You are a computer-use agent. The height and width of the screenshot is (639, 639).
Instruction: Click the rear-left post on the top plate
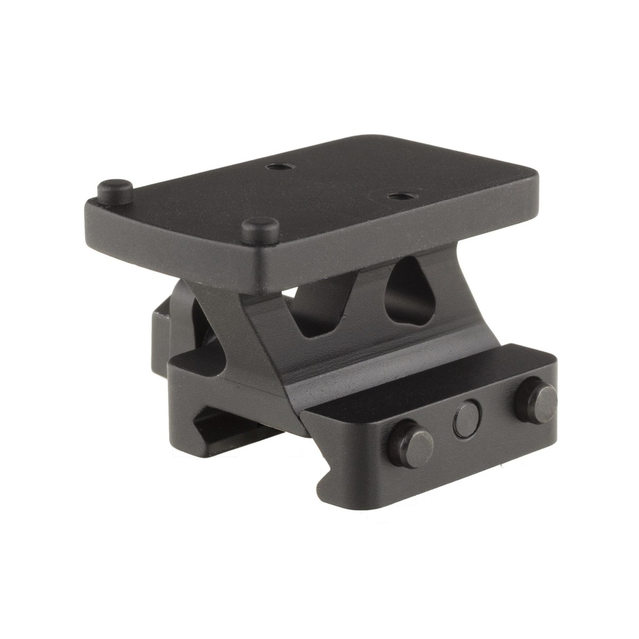(115, 190)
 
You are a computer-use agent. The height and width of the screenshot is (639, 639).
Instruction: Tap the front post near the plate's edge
(260, 229)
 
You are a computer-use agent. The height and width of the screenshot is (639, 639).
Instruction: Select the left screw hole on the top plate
(275, 167)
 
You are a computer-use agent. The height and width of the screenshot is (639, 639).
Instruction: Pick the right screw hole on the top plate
(398, 196)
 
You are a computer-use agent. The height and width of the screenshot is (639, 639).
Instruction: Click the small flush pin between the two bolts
(467, 419)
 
